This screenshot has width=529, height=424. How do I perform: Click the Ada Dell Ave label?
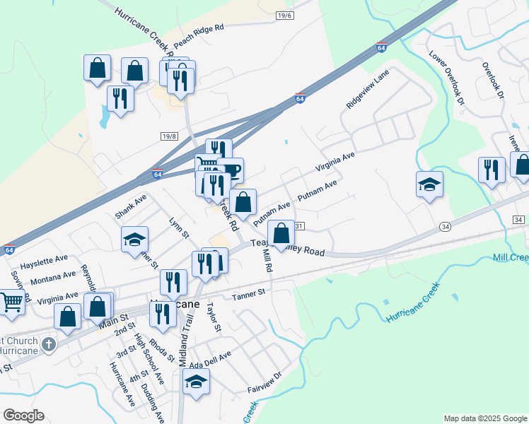210,358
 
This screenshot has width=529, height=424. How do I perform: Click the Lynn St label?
180,228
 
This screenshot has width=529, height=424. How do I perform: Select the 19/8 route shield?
168,136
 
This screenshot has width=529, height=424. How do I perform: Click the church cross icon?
48,345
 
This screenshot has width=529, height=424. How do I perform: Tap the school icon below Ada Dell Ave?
196,382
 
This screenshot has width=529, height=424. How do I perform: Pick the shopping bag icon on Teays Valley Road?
281,233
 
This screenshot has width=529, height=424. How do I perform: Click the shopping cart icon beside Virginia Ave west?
12,302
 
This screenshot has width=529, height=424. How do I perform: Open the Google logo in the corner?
23,416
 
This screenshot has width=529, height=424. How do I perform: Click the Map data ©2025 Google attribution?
484,418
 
